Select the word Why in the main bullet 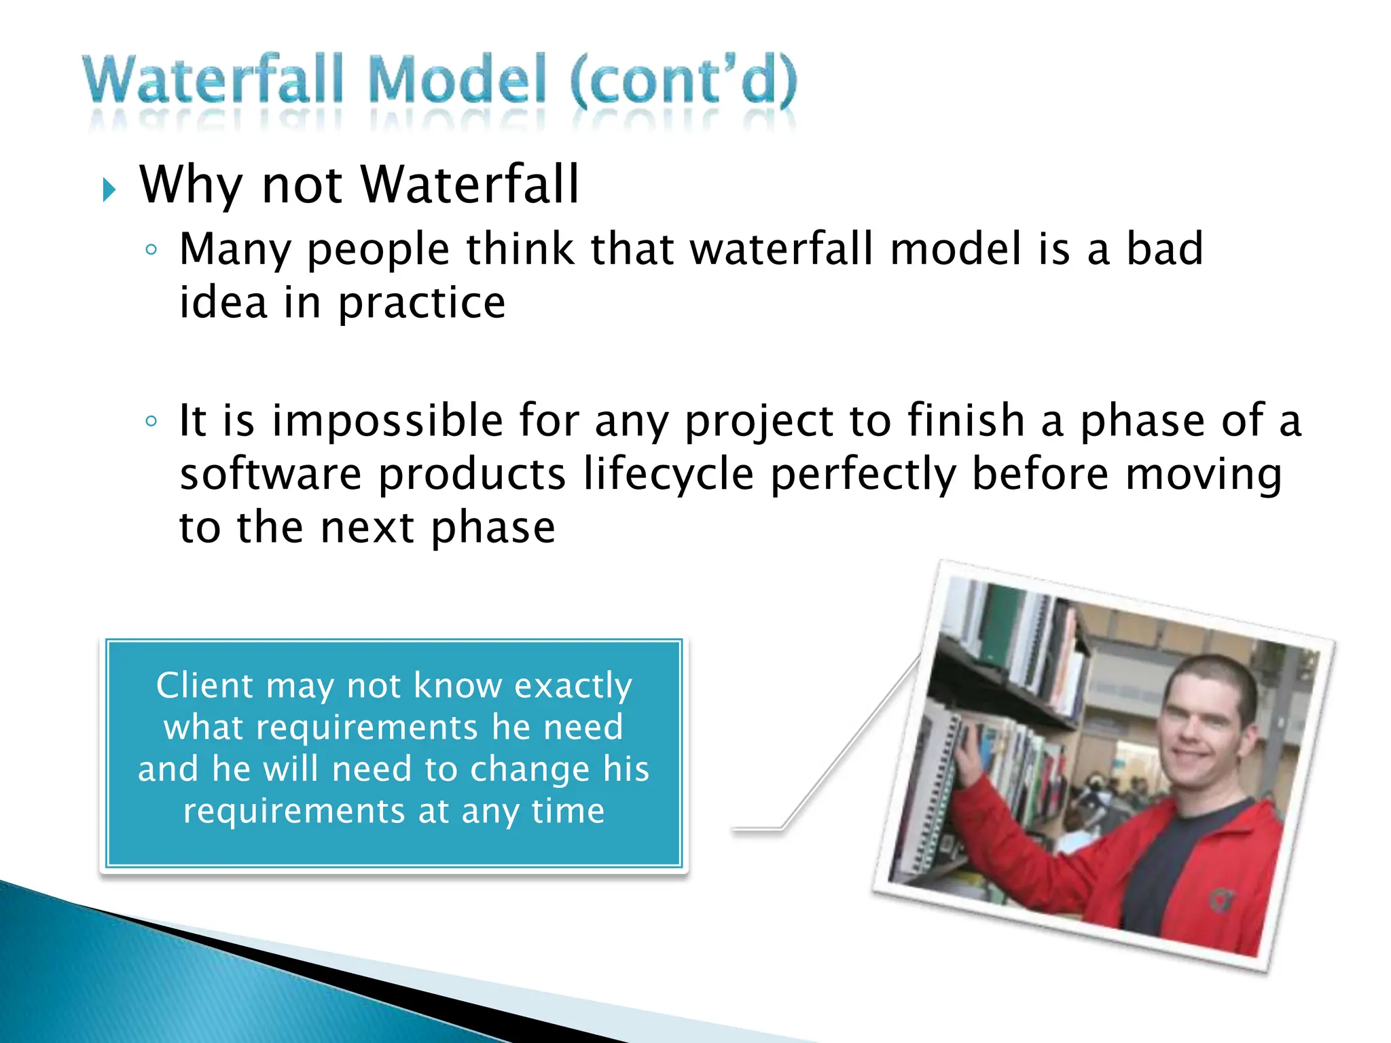[x=190, y=185]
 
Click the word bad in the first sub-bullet [x=1165, y=249]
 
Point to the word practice [x=422, y=303]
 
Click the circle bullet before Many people [x=151, y=249]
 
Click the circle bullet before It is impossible [x=151, y=421]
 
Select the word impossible [x=387, y=421]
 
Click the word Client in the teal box [x=204, y=685]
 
